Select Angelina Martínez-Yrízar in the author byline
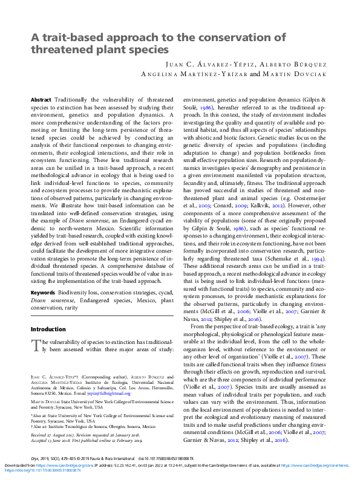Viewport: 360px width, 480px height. [x=194, y=74]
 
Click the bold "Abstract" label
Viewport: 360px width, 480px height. [x=41, y=99]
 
